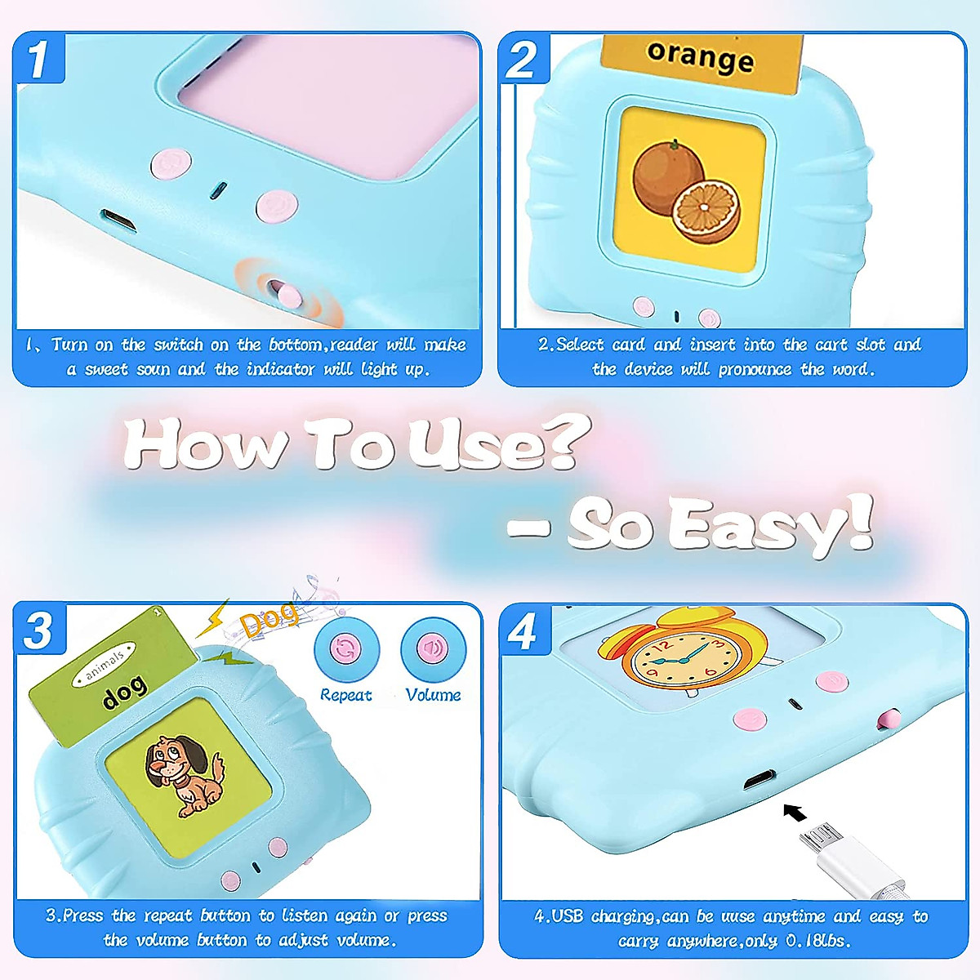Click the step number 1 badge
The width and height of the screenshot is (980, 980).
[38, 59]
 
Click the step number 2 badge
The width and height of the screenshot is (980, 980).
[523, 59]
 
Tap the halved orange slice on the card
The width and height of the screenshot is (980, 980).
[706, 212]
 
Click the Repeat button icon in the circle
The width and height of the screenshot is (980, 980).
[346, 649]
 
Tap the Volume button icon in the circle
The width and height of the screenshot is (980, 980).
[433, 649]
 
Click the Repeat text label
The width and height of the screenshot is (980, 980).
[345, 695]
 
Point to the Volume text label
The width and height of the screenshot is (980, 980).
[433, 695]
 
